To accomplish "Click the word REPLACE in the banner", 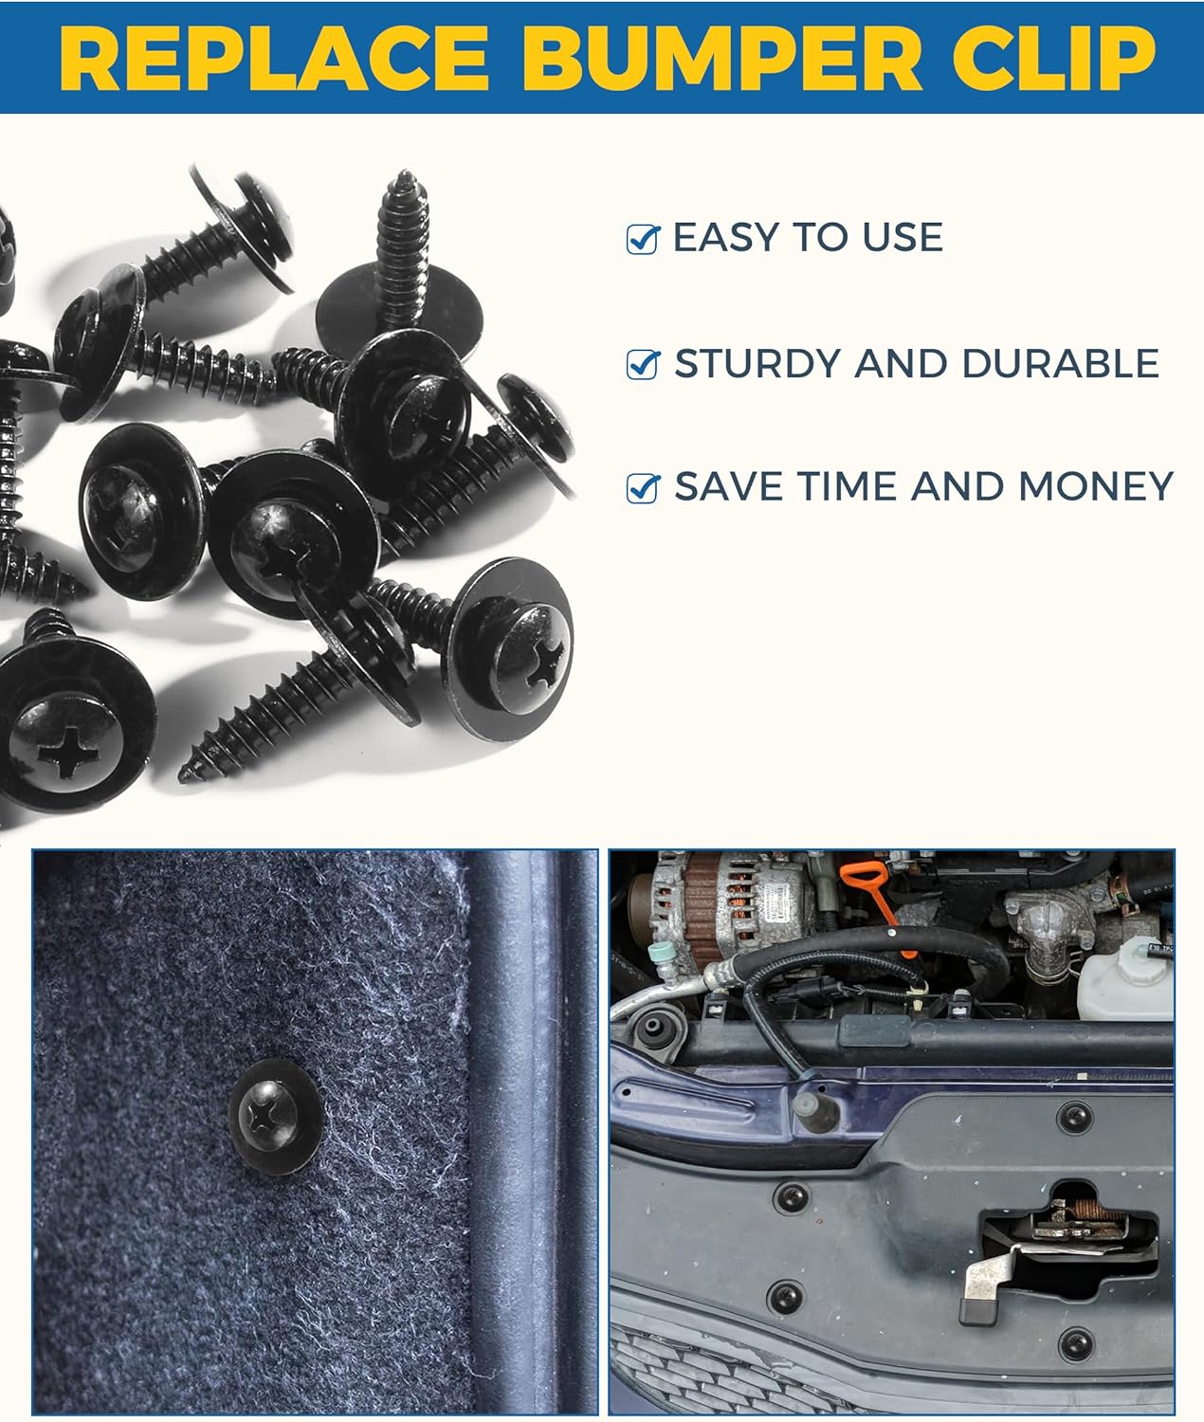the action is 274,58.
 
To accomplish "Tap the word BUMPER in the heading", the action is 726,58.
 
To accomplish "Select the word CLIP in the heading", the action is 1053,58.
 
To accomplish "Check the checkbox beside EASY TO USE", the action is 644,240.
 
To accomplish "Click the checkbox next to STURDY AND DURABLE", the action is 644,365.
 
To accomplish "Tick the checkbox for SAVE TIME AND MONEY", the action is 644,488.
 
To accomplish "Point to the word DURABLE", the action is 1061,363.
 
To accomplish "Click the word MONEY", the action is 1096,487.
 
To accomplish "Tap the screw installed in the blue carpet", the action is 275,1116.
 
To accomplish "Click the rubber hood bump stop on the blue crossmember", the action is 816,1110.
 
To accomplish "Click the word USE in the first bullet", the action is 903,237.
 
